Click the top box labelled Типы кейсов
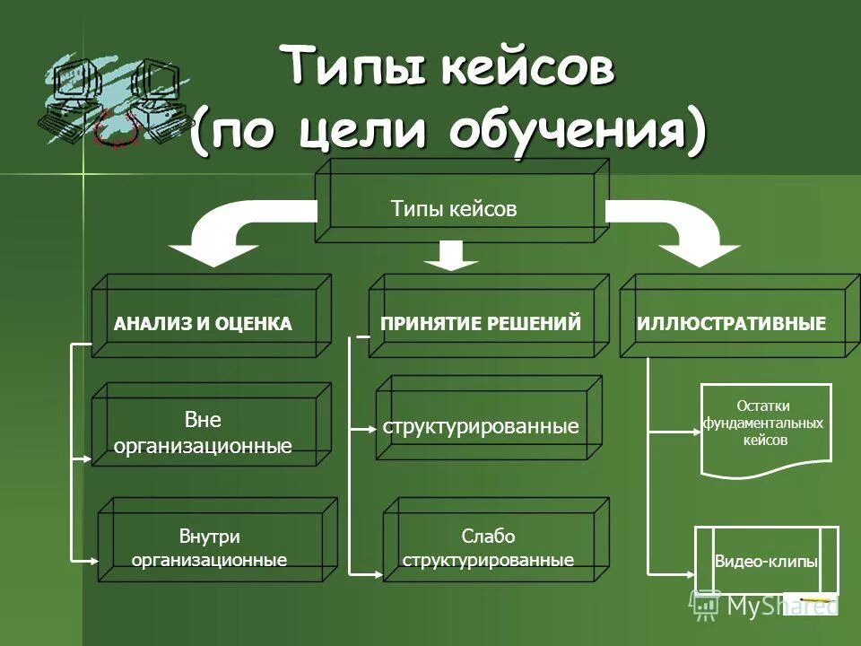(455, 209)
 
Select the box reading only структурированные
(481, 425)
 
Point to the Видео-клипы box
(766, 562)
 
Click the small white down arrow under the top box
(451, 256)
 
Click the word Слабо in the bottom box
(488, 537)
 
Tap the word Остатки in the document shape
(763, 406)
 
